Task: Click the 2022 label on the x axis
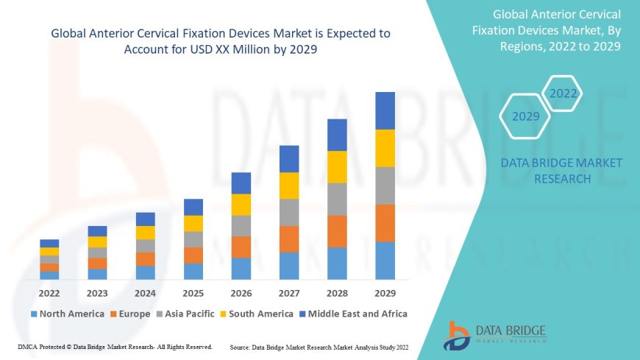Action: pyautogui.click(x=50, y=292)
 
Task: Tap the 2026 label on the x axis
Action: pyautogui.click(x=241, y=292)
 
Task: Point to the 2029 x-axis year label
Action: pyautogui.click(x=385, y=292)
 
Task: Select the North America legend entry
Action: pyautogui.click(x=67, y=314)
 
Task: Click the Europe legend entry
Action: pyautogui.click(x=132, y=314)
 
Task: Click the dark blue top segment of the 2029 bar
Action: pyautogui.click(x=385, y=110)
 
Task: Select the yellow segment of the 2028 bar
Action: pyautogui.click(x=337, y=166)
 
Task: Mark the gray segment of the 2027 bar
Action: pyautogui.click(x=289, y=212)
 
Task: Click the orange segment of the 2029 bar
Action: pyautogui.click(x=385, y=223)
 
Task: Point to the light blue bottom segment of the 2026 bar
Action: pyautogui.click(x=241, y=269)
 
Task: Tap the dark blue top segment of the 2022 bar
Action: pyautogui.click(x=50, y=243)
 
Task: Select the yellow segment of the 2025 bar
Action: pyautogui.click(x=193, y=223)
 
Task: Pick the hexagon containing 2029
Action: pyautogui.click(x=526, y=116)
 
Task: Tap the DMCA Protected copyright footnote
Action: pyautogui.click(x=115, y=346)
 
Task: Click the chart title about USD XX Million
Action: pyautogui.click(x=221, y=40)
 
